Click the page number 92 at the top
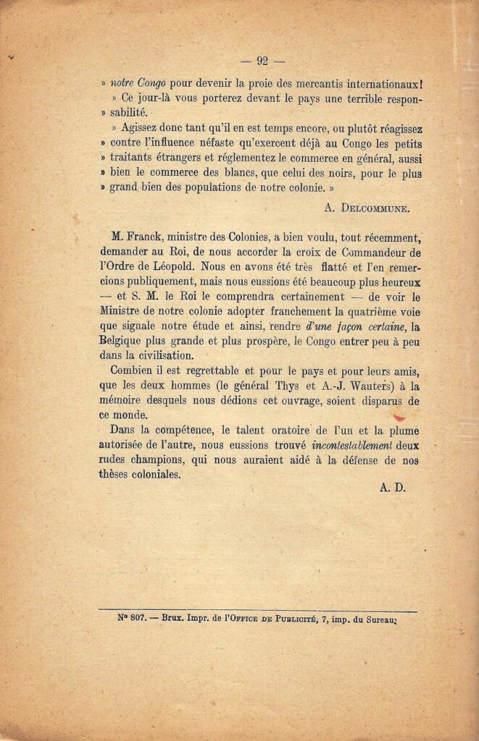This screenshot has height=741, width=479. tap(262, 61)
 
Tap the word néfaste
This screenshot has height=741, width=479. tap(201, 142)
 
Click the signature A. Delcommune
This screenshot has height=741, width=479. tap(367, 208)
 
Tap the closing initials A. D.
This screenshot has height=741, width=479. tap(392, 488)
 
